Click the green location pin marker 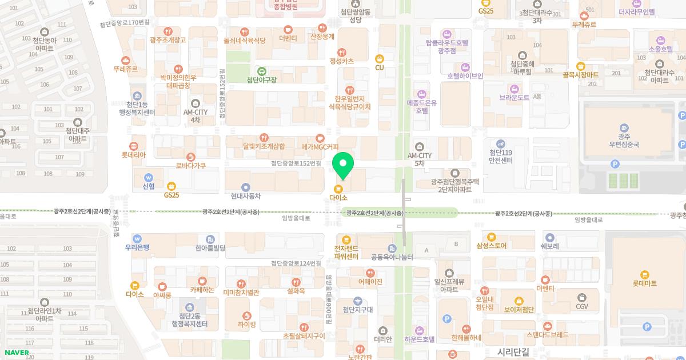pos(343,165)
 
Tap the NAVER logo pos(17,353)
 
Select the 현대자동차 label pos(246,196)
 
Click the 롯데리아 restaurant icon pos(134,146)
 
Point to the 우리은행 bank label pos(137,247)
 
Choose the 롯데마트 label pos(644,283)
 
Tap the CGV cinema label pos(582,306)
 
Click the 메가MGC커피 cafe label pos(320,147)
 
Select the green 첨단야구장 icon pos(261,71)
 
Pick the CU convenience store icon pos(380,58)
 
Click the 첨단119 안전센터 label pos(500,157)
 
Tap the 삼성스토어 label pos(491,246)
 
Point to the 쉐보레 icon pos(549,238)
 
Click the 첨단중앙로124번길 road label pos(296,263)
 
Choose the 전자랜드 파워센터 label pos(346,253)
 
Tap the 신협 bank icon pos(149,177)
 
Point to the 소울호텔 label pos(661,49)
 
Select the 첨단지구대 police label pos(357,310)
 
